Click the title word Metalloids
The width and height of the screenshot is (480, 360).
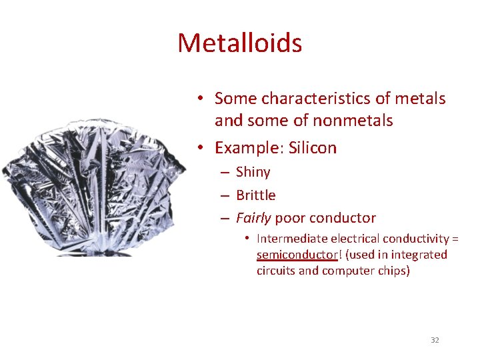point(239,43)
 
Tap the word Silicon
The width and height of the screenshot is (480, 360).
point(313,147)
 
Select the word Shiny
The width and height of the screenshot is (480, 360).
point(253,172)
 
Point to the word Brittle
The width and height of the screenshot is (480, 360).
point(255,195)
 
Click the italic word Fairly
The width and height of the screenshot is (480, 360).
point(253,218)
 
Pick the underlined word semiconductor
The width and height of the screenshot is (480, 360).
point(297,255)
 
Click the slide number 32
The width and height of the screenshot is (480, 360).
point(435,340)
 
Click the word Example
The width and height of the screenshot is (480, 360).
point(249,147)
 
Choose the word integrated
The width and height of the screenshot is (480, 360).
point(420,255)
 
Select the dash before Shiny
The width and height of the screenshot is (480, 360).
point(224,173)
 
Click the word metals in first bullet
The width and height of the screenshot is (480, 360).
point(421,99)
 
